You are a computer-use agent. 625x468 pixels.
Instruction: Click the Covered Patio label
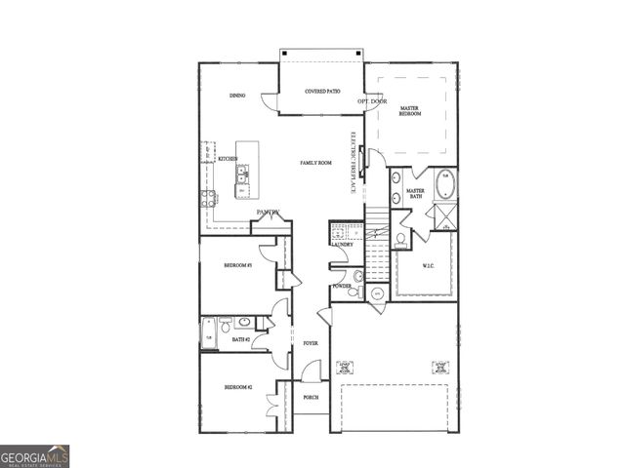tap(321, 91)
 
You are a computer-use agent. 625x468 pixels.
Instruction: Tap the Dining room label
tap(237, 96)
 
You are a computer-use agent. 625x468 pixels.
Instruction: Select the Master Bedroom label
tap(410, 111)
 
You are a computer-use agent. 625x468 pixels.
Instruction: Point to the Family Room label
tap(316, 163)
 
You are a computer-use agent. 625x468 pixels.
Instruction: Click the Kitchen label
tap(228, 159)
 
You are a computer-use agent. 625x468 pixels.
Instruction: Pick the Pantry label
tap(269, 212)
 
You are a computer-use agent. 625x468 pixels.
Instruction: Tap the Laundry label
tap(341, 245)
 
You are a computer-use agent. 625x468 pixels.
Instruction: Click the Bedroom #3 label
tap(238, 265)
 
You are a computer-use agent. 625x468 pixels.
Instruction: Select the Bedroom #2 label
tap(238, 387)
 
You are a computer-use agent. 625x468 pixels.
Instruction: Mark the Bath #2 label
tap(241, 339)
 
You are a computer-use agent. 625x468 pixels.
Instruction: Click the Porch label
tap(311, 398)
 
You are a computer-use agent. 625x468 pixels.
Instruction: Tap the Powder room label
tap(342, 286)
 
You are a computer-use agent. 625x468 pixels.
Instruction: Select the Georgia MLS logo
tap(34, 456)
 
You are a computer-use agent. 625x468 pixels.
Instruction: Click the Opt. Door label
tap(372, 100)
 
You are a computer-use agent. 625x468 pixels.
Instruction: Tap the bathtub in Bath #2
tap(208, 331)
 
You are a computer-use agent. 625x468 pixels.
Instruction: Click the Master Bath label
tap(415, 194)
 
